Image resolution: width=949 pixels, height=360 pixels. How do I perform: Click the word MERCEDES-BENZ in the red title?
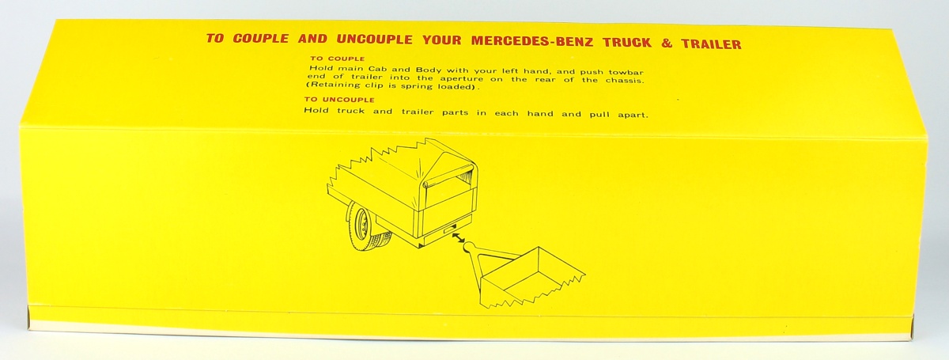[x=532, y=41]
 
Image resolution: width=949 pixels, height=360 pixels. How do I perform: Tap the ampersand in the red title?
[x=667, y=44]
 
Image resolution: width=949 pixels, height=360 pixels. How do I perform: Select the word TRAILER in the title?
[x=711, y=44]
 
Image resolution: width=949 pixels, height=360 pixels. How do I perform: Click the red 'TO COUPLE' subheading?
[x=337, y=59]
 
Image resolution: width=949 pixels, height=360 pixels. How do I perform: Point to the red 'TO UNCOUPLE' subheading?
[x=339, y=100]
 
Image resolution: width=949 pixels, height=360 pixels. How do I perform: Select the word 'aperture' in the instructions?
[x=460, y=79]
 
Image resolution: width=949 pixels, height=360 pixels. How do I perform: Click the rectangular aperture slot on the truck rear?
[x=448, y=230]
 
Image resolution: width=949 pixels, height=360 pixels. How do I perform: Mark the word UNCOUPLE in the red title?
[x=375, y=40]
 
